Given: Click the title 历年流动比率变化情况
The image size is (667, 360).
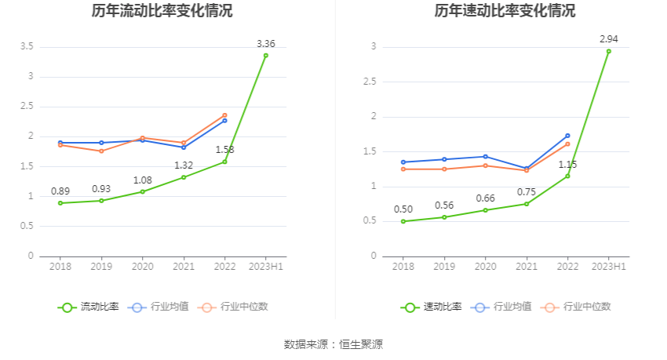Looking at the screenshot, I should click(x=162, y=11).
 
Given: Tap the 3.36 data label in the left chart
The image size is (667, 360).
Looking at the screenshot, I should click(x=266, y=43).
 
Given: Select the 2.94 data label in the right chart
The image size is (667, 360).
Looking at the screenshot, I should click(x=608, y=38).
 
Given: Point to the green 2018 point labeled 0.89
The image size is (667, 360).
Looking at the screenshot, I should click(x=60, y=203).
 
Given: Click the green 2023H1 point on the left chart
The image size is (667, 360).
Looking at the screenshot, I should click(x=266, y=56).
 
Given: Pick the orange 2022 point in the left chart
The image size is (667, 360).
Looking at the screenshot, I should click(x=224, y=115).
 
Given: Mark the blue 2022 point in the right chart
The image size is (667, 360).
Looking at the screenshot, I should click(x=567, y=136).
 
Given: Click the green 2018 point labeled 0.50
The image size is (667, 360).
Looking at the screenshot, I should click(x=403, y=221).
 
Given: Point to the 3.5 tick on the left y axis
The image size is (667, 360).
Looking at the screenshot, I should click(x=26, y=47).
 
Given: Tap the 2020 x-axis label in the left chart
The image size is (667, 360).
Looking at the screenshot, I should click(x=142, y=267).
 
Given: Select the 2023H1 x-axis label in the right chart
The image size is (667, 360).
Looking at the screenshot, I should click(x=608, y=267).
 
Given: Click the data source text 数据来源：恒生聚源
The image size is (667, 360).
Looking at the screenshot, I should click(x=333, y=344).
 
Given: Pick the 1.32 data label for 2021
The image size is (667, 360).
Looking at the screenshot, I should click(x=183, y=165).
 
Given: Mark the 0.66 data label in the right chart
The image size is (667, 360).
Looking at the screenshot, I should click(x=485, y=198).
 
